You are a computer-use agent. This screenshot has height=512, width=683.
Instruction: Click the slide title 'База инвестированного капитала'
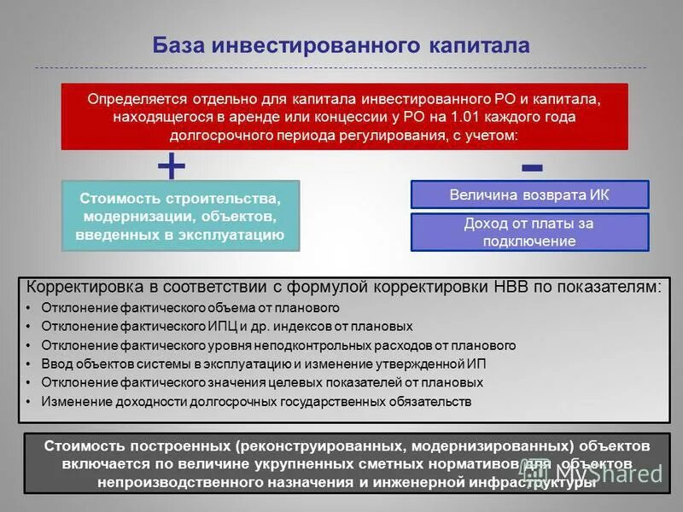point(341,44)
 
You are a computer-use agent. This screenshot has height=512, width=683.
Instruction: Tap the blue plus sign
point(172,166)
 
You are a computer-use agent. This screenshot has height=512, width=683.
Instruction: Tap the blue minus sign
point(532,164)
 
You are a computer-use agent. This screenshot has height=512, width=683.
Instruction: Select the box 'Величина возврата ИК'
point(529,195)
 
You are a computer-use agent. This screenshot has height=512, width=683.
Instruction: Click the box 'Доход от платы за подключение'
point(529,232)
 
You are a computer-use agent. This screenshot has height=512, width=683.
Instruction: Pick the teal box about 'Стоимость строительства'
point(181,215)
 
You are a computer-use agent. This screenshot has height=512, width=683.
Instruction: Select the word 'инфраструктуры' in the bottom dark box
point(533,482)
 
